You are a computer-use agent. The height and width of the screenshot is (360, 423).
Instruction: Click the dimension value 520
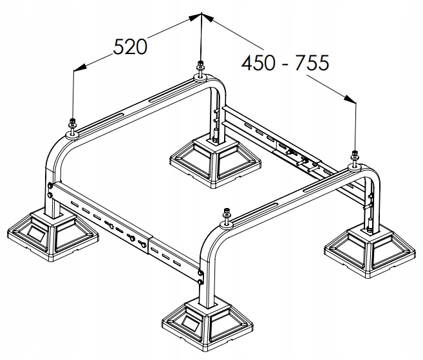tap(131, 46)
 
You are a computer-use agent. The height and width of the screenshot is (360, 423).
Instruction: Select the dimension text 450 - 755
tap(285, 62)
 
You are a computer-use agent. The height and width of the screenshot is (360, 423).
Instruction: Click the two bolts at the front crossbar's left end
tap(50, 191)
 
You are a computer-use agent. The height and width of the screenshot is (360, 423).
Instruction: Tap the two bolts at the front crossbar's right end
tap(202, 276)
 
